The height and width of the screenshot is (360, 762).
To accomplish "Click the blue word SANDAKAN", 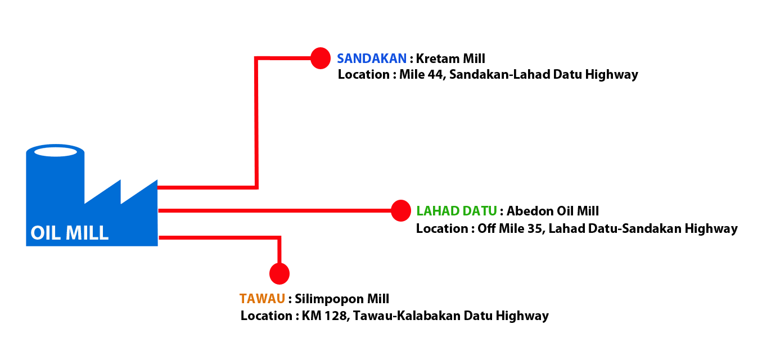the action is point(372,58).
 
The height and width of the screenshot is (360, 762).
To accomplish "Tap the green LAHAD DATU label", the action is point(457,211).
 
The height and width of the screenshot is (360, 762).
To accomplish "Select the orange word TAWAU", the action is point(262,299).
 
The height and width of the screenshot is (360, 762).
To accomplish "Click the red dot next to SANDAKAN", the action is point(321,58).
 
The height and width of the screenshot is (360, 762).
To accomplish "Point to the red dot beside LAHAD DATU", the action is point(401,210).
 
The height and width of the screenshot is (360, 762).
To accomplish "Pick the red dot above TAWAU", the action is point(279,273).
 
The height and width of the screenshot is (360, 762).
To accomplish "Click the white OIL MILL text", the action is point(69,233).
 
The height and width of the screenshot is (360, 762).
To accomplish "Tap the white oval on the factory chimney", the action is point(56,152).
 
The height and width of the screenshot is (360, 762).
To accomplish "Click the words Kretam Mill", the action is point(450,58).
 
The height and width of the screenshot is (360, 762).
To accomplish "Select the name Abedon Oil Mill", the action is point(552,211).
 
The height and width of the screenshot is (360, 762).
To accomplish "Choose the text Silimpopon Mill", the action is point(342,299).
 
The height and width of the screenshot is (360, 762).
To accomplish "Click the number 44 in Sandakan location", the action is point(435,74).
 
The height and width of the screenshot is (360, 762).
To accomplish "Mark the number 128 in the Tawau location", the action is point(335,316).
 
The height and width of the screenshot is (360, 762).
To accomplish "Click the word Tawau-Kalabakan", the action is point(406,316).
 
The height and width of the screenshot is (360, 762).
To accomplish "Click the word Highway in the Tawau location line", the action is point(522,316).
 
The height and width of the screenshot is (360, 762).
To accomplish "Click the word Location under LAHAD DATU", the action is point(442,229).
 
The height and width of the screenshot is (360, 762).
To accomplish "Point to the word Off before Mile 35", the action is point(486,229).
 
